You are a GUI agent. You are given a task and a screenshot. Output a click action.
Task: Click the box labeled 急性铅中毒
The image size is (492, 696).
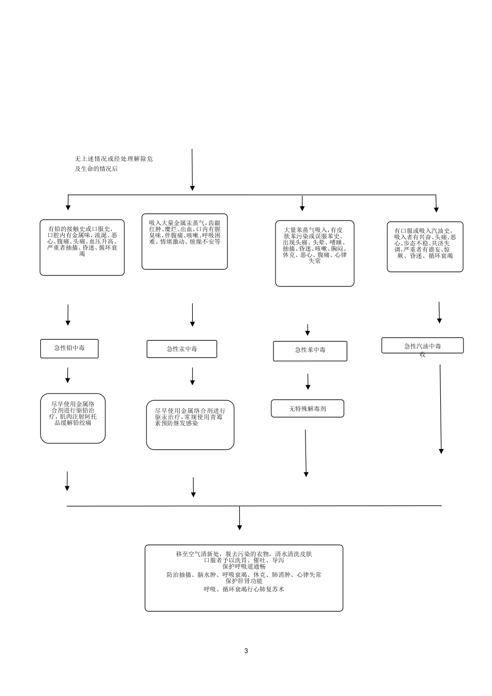point(69,349)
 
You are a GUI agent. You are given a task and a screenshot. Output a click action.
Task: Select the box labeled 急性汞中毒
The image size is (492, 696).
point(182,349)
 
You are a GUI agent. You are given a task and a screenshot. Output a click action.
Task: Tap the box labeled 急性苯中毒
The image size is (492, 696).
point(310,351)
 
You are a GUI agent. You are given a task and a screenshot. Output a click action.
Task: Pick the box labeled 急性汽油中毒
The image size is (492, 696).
point(423,345)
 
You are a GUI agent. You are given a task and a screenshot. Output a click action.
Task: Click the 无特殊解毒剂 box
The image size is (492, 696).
point(308,408)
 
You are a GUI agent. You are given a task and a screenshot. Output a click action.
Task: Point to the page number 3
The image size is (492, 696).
point(246,650)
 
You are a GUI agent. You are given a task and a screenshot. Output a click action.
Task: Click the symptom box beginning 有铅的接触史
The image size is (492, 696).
point(82,248)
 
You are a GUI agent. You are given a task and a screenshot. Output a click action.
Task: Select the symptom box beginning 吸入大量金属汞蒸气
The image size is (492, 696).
point(184,241)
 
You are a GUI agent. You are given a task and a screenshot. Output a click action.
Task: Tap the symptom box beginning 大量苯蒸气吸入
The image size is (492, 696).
point(314,253)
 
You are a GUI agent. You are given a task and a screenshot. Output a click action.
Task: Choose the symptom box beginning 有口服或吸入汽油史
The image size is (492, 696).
point(425,247)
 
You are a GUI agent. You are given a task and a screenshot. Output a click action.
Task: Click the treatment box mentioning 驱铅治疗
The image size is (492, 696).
point(73,418)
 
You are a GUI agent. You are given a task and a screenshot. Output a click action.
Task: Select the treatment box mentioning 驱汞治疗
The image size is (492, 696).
point(190,425)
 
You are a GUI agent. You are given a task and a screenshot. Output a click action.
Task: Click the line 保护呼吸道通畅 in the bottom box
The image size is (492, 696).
point(244,566)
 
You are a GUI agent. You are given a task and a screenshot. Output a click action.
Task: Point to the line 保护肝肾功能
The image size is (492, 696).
point(244,581)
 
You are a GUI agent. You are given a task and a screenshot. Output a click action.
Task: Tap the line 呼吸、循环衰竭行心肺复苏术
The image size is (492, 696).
point(244,589)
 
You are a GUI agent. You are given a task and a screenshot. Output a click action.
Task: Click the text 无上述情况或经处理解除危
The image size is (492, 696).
point(114,159)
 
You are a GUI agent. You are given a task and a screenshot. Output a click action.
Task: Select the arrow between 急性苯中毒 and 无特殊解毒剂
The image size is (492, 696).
point(308,382)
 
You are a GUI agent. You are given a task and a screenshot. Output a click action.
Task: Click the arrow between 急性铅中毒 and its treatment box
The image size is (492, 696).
point(67,375)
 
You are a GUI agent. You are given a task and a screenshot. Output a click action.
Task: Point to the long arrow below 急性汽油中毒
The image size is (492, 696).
point(440,409)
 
